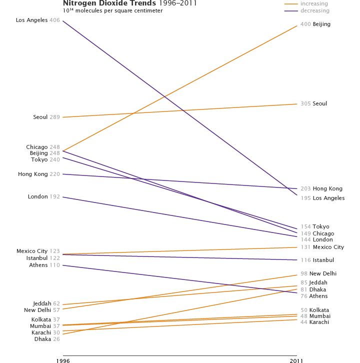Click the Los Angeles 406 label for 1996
[37, 20]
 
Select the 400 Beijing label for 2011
[315, 24]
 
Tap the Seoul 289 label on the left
[46, 117]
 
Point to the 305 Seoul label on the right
[313, 104]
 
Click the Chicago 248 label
[43, 147]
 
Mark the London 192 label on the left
[44, 197]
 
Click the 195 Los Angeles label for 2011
[322, 198]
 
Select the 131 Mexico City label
[322, 247]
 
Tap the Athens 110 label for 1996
[44, 265]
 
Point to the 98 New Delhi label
[318, 273]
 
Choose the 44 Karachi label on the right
[314, 322]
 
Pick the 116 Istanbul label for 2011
[317, 260]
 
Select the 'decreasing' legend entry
[315, 10]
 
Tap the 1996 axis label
[62, 360]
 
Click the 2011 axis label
[296, 360]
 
